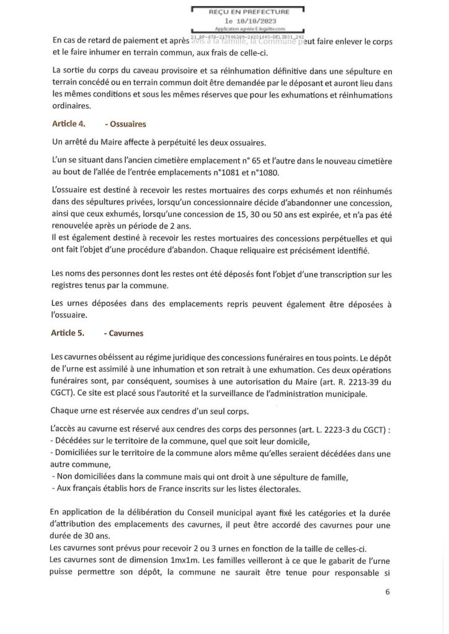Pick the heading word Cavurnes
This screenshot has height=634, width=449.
pyautogui.click(x=126, y=333)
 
